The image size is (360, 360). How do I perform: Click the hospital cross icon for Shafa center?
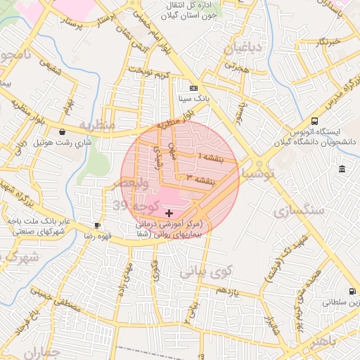(x=169, y=212)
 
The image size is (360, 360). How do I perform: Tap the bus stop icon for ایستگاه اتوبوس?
(x=314, y=121)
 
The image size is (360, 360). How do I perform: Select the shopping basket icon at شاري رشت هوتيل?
(x=63, y=131)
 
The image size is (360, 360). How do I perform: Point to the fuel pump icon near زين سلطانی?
(x=351, y=291)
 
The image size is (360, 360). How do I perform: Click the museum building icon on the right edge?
(x=342, y=169)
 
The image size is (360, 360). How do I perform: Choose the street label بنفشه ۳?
(x=196, y=178)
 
